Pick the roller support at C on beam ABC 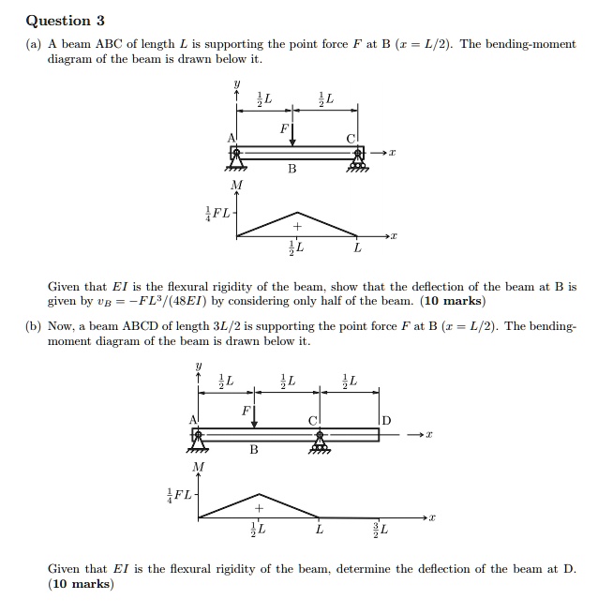point(355,160)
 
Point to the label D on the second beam point(386,419)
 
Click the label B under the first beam point(292,171)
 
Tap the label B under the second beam point(253,451)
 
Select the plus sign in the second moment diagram point(260,508)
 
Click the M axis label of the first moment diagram point(235,186)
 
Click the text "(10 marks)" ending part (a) point(454,302)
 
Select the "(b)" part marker point(35,326)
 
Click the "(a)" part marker point(35,44)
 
